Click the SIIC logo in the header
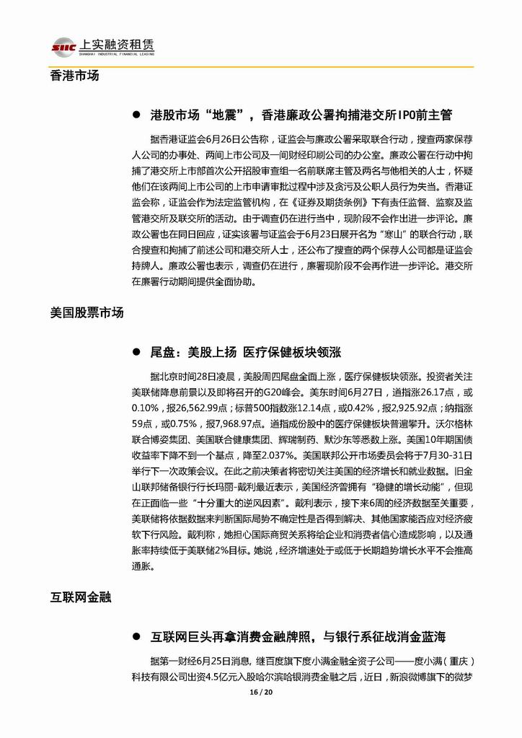click(x=64, y=46)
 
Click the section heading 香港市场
click(x=75, y=75)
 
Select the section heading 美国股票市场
click(x=87, y=312)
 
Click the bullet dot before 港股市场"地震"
click(x=136, y=115)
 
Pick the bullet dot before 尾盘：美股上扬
click(x=136, y=353)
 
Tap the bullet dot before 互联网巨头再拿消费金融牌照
click(x=136, y=636)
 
